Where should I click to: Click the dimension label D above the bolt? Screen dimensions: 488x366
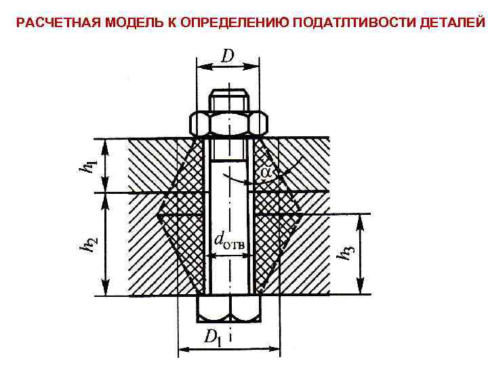[228, 56]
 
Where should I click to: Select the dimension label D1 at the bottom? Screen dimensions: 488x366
[213, 338]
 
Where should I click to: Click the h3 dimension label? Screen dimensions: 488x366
[346, 253]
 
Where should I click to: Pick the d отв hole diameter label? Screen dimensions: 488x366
[230, 239]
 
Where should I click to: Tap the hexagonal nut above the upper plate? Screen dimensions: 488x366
[228, 125]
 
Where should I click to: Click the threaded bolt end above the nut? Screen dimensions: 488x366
[228, 100]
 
